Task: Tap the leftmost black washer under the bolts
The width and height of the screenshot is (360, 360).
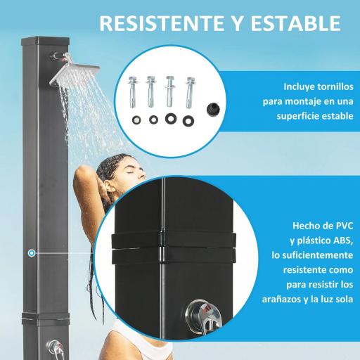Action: pyautogui.click(x=136, y=119)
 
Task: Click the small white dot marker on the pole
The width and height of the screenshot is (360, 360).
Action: pyautogui.click(x=31, y=251)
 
